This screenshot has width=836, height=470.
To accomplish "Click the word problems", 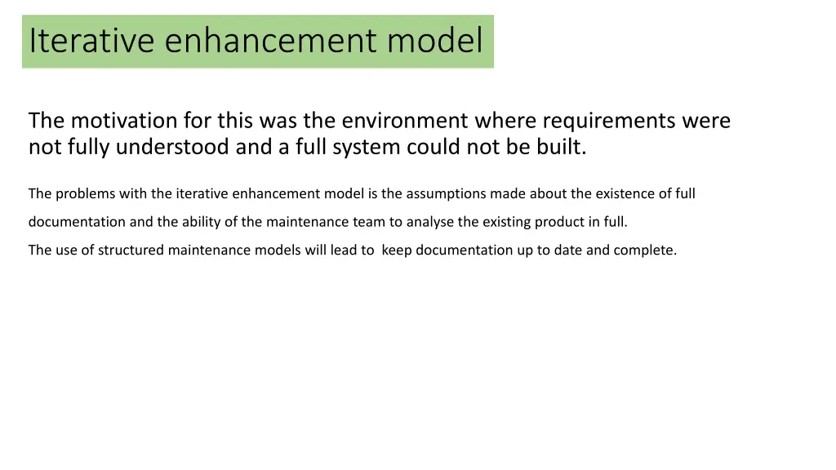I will pyautogui.click(x=85, y=194).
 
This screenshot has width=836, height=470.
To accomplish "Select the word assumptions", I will pyautogui.click(x=446, y=194).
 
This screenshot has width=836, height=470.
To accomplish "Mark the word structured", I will pyautogui.click(x=131, y=251).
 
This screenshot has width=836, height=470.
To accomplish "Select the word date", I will pyautogui.click(x=568, y=251).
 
